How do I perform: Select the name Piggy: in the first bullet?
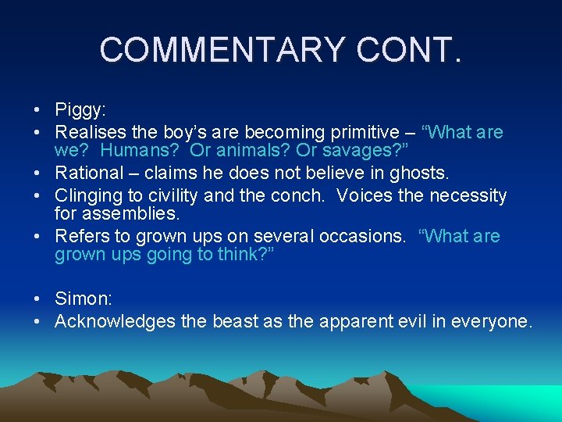pyautogui.click(x=82, y=110)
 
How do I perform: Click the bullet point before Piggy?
pyautogui.click(x=37, y=110)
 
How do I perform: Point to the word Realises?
pyautogui.click(x=89, y=133)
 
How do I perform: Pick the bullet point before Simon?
pyautogui.click(x=37, y=299)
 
